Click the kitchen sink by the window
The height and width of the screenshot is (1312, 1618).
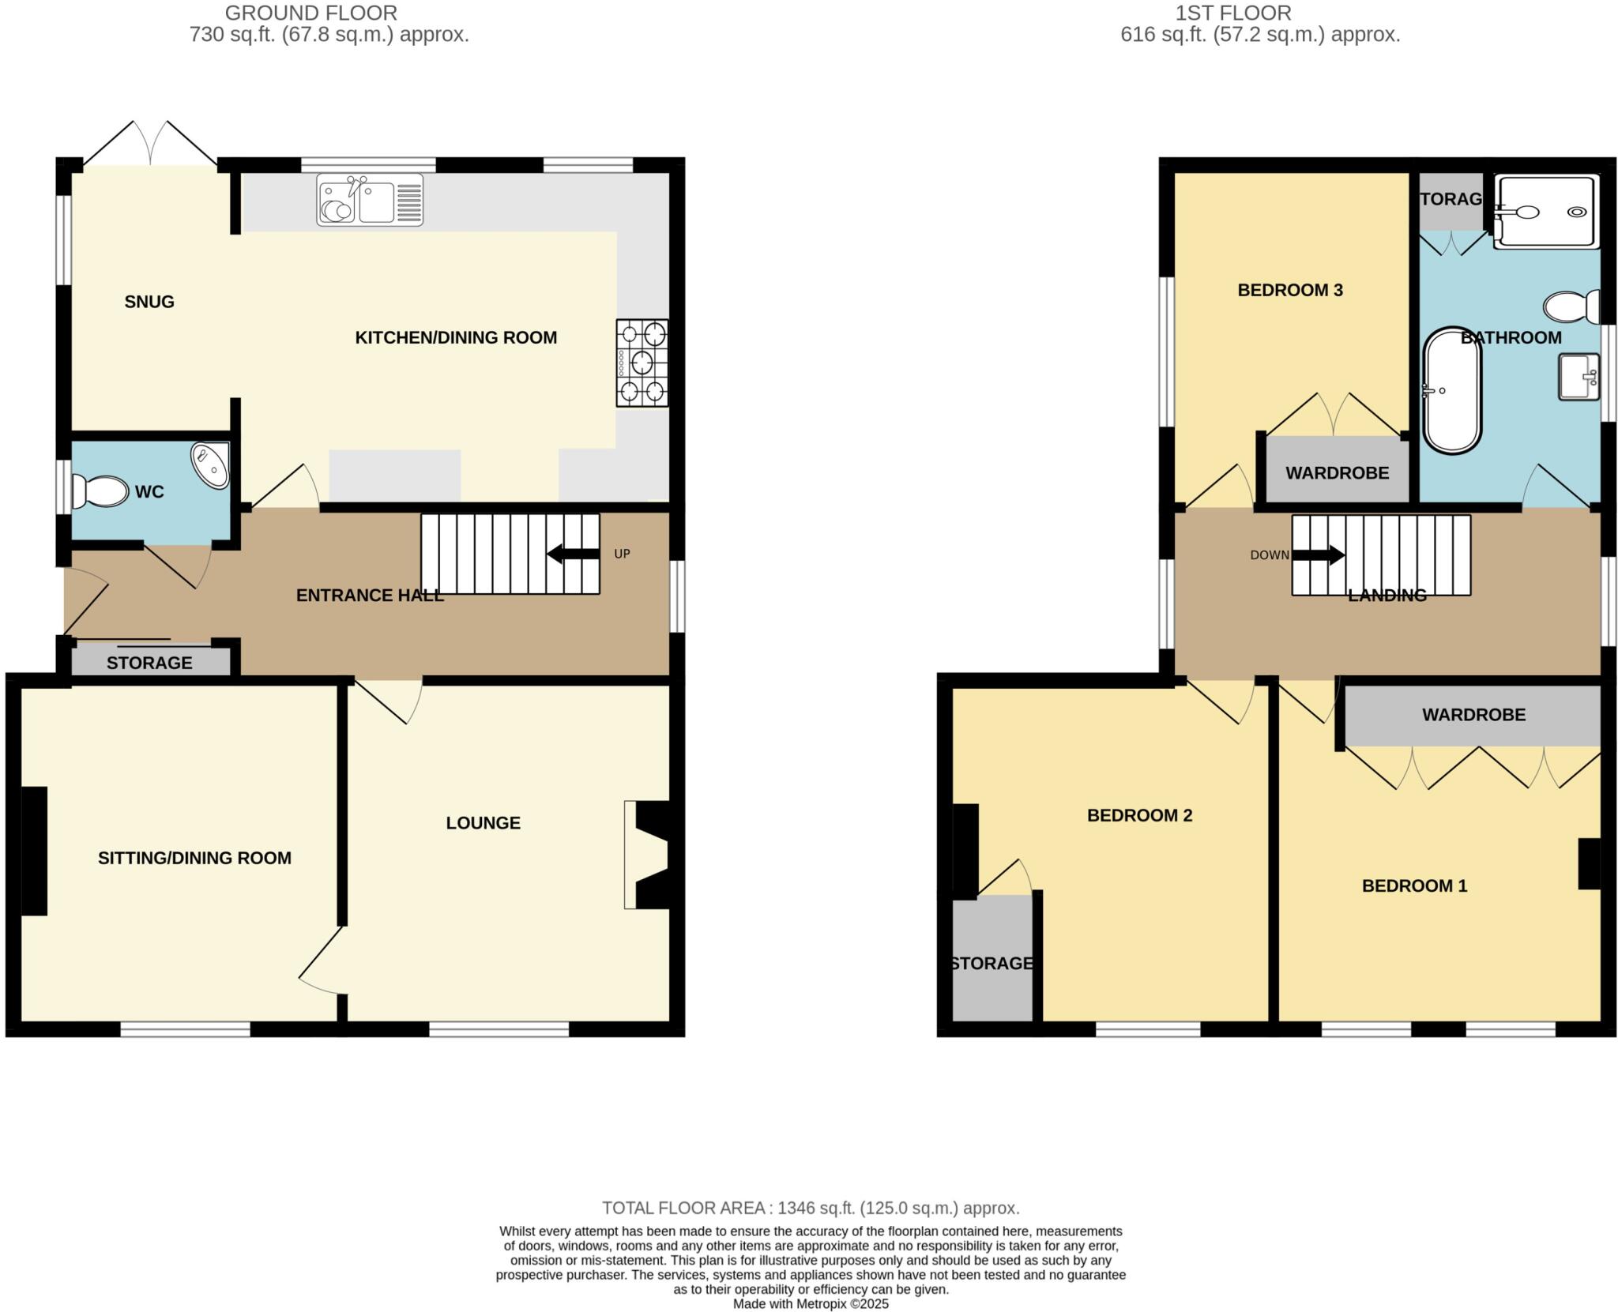tap(370, 201)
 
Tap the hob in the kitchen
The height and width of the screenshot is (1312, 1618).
tap(642, 363)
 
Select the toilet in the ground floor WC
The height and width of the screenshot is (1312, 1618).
tap(100, 491)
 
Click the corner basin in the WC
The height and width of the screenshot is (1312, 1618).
tap(211, 464)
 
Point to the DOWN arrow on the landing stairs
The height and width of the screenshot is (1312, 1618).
tap(1317, 555)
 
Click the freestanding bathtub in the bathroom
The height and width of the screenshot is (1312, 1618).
tap(1452, 391)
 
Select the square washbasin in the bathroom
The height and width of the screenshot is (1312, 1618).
tap(1578, 377)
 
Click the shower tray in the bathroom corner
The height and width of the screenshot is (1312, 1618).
tap(1546, 212)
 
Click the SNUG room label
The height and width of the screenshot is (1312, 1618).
tap(149, 302)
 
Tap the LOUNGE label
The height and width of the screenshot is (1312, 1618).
tap(483, 823)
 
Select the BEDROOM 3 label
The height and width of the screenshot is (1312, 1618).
tap(1290, 290)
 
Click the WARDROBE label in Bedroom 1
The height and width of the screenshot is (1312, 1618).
tap(1473, 715)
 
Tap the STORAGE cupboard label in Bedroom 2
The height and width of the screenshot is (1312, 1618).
tap(991, 964)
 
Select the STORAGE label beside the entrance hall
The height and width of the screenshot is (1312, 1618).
tap(149, 663)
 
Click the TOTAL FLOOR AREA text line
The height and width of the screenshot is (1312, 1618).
tap(811, 1208)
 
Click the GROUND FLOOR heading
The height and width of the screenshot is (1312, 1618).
tap(310, 13)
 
